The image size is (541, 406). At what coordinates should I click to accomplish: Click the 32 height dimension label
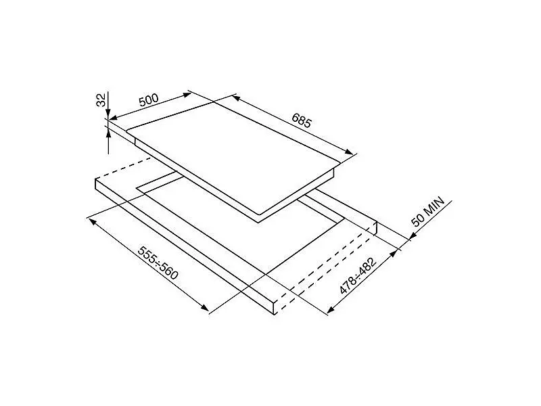pyautogui.click(x=101, y=100)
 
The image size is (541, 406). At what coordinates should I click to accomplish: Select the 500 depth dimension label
pyautogui.click(x=149, y=99)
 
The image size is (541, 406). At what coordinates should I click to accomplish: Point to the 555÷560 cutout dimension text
pyautogui.click(x=158, y=263)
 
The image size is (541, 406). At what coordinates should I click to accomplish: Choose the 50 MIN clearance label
pyautogui.click(x=427, y=212)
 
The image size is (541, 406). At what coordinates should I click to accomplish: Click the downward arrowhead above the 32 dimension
pyautogui.click(x=108, y=114)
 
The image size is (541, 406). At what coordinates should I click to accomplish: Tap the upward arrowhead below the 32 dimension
pyautogui.click(x=108, y=131)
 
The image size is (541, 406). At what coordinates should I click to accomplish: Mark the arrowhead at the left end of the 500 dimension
pyautogui.click(x=114, y=117)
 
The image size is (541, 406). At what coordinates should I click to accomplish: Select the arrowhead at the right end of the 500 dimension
pyautogui.click(x=187, y=94)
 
